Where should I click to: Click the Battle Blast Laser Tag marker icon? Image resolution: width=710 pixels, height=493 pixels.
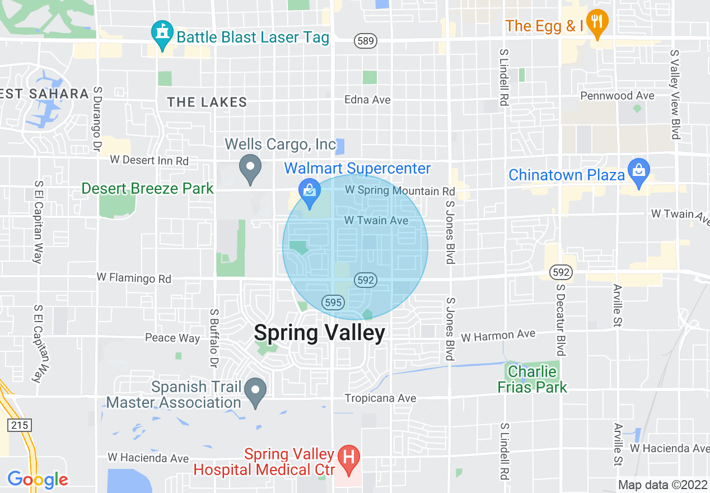162,34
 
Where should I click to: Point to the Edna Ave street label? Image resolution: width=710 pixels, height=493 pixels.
367,100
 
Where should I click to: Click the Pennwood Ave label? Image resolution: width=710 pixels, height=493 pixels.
617,96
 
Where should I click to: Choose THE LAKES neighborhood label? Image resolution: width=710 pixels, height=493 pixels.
207,102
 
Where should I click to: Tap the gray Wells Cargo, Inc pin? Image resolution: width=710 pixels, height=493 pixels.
250,168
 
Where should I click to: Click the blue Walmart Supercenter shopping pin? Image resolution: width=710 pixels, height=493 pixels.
309,191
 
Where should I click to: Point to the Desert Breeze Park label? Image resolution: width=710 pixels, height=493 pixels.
148,188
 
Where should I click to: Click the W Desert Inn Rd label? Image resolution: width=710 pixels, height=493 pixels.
150,160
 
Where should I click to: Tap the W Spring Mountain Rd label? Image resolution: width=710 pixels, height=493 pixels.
400,190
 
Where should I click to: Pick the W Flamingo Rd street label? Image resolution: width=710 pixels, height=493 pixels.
134,277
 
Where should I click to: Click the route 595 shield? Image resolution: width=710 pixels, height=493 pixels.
333,302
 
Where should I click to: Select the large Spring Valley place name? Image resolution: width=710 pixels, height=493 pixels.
320,333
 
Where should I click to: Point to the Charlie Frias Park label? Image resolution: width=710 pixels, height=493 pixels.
532,379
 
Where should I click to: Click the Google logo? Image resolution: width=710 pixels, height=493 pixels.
38,480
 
